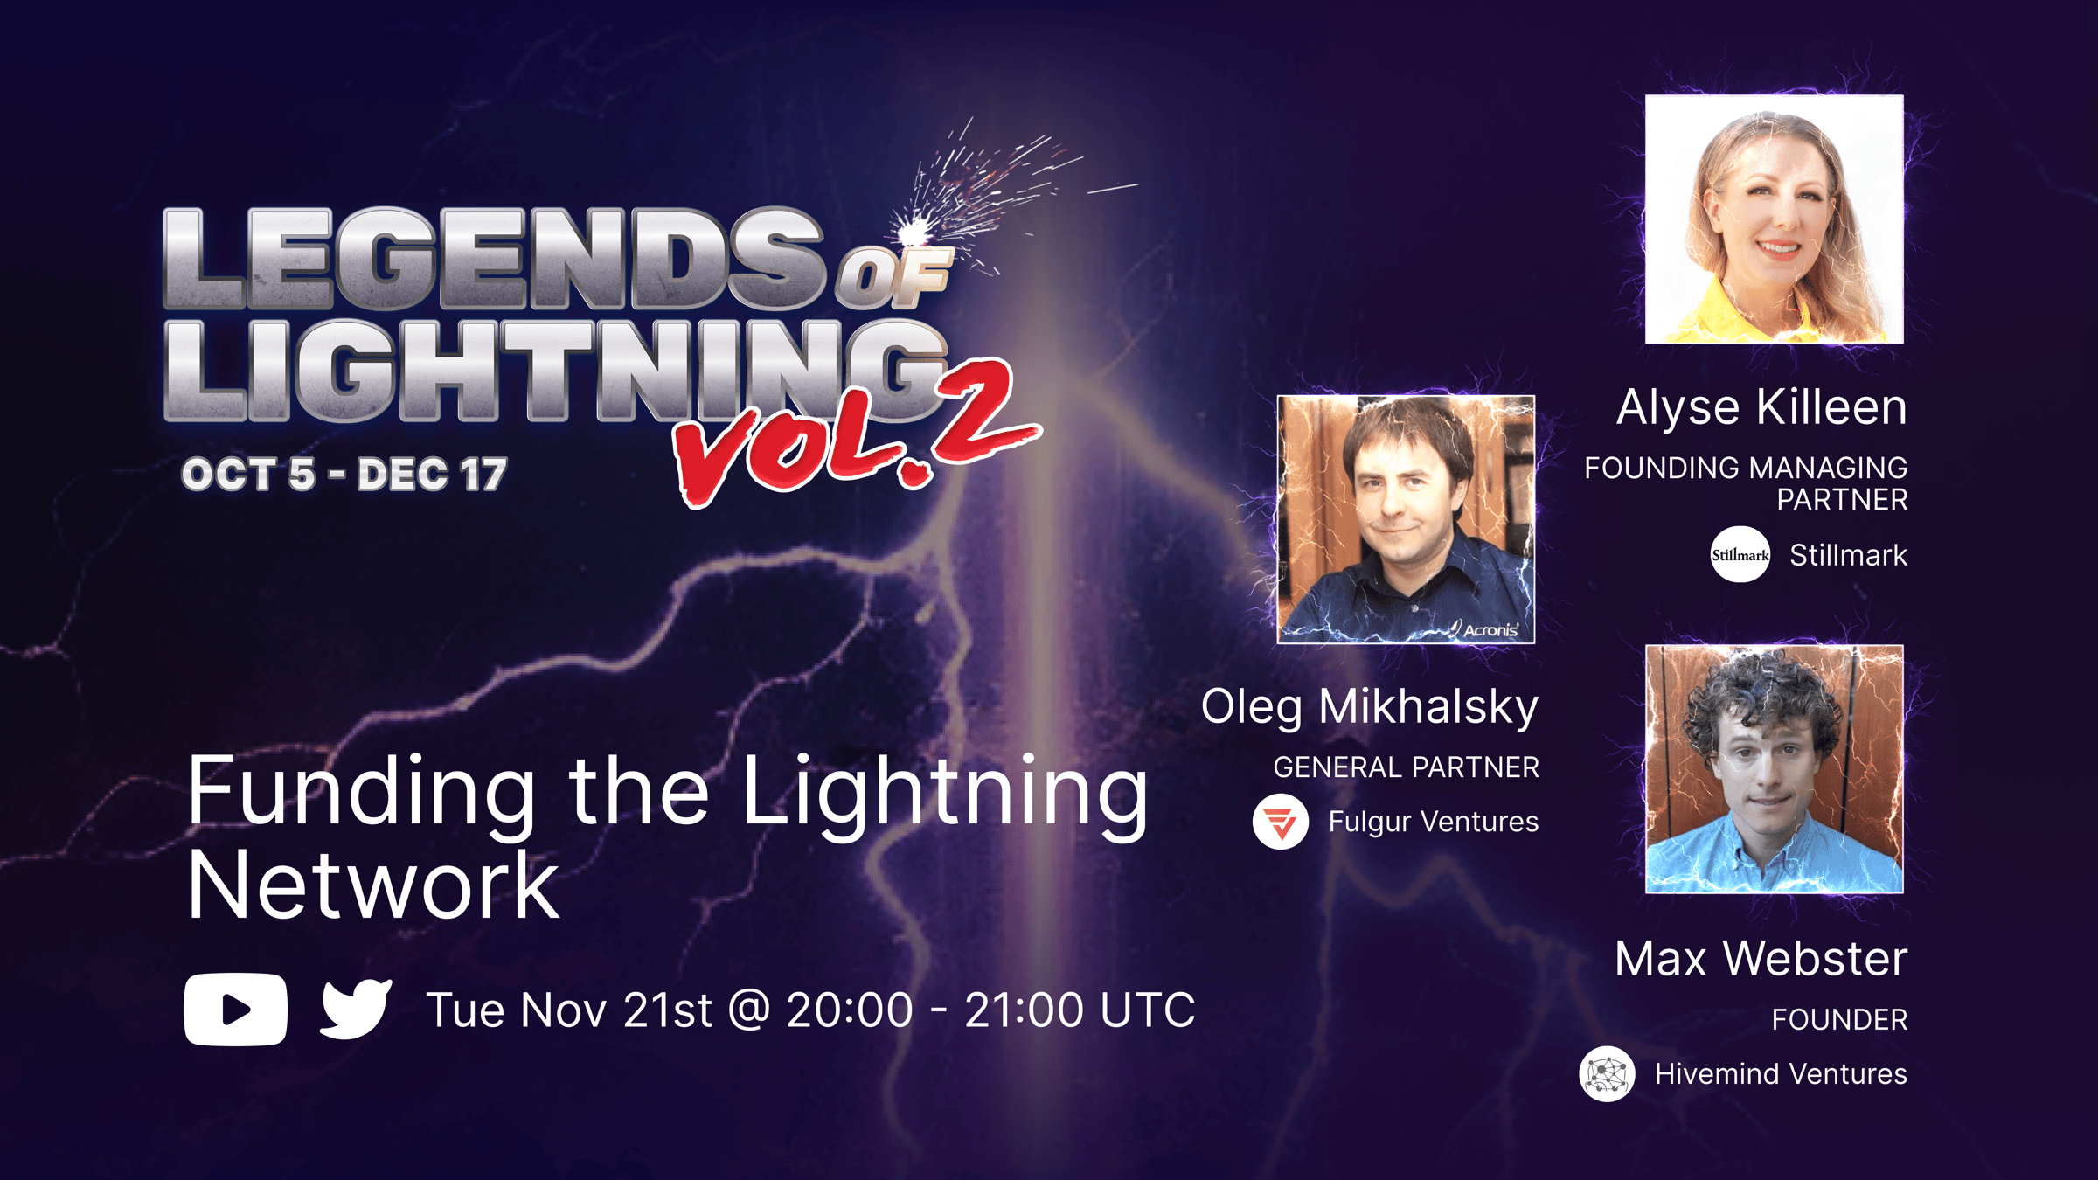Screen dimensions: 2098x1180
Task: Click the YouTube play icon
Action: (x=235, y=1010)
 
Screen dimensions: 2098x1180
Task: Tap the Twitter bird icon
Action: (x=356, y=1009)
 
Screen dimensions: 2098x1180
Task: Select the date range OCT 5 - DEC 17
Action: (x=344, y=475)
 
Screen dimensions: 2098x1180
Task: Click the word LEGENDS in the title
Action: (x=494, y=259)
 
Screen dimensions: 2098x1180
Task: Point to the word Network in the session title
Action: (x=373, y=885)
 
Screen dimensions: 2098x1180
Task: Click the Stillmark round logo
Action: (x=1740, y=554)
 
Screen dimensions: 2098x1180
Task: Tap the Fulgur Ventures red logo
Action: (x=1281, y=822)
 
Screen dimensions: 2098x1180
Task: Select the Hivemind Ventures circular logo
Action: (x=1607, y=1074)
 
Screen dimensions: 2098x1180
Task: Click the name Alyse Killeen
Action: (x=1761, y=407)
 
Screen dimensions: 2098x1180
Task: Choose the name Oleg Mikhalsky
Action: (x=1369, y=707)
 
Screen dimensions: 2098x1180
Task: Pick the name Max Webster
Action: (x=1761, y=958)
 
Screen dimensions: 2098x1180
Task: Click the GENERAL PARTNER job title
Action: (x=1406, y=767)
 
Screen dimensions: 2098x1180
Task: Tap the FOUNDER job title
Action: (x=1839, y=1019)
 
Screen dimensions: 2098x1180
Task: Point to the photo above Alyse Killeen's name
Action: (x=1774, y=219)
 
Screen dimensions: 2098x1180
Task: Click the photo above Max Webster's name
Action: (x=1774, y=769)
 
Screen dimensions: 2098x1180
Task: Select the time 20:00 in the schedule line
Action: (x=850, y=1010)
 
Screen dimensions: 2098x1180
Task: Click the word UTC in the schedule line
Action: (x=1147, y=1010)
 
